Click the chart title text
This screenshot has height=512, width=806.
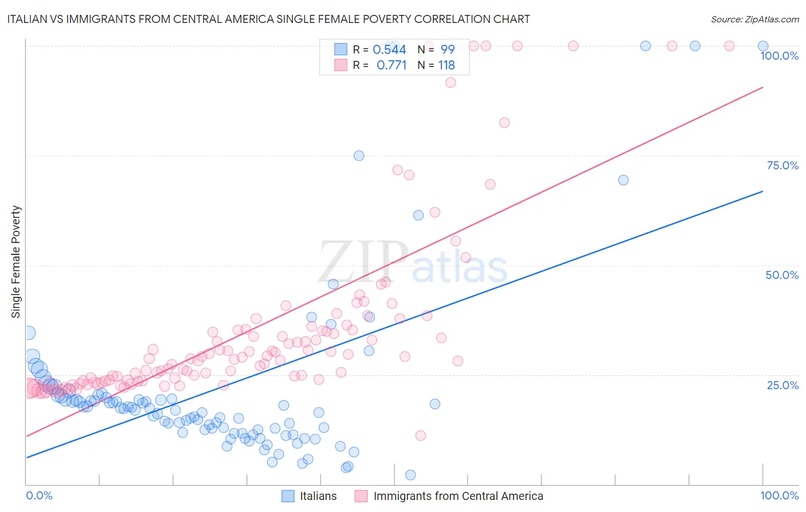268,20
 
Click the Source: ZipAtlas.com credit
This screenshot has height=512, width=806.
754,20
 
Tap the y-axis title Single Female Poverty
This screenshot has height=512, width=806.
16,262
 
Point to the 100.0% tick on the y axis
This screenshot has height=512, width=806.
779,56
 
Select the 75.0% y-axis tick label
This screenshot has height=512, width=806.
782,165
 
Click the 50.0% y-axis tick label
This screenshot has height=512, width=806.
782,275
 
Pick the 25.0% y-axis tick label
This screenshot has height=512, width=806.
782,385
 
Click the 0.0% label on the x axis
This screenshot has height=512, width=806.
39,495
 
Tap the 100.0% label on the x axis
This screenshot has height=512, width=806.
779,495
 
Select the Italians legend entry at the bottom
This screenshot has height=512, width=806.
310,496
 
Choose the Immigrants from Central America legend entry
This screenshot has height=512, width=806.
449,496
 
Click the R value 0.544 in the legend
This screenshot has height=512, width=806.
389,50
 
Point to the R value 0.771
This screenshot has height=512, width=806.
392,65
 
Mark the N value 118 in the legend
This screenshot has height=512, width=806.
447,65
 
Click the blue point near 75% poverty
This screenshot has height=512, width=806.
359,156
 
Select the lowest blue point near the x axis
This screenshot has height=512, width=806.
410,475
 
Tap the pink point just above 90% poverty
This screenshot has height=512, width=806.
451,83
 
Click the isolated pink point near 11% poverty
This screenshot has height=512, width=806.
421,436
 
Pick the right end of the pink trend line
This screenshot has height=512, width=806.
762,87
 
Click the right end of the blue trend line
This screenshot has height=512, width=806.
762,191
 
